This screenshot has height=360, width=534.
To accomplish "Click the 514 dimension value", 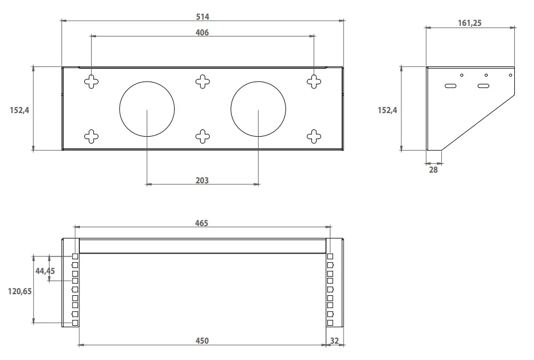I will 202,17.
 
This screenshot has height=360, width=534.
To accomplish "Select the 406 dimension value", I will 202,33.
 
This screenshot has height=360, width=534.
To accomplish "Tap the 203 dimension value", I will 202,180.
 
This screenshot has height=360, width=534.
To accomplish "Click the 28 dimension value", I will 433,169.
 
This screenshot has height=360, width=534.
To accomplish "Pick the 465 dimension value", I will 202,223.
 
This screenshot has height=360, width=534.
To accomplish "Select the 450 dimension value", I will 202,341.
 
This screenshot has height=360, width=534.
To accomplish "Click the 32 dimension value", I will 334,341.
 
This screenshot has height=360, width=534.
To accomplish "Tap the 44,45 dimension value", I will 45,271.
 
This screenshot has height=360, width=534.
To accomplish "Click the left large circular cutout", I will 147,110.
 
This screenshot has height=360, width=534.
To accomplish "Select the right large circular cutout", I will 258,110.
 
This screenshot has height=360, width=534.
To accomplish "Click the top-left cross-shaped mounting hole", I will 91,82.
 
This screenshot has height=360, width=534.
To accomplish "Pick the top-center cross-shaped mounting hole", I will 202,82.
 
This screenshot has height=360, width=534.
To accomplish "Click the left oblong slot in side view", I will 450,86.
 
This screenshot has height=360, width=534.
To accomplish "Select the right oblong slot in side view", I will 483,86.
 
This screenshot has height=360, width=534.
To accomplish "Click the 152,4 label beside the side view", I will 387,110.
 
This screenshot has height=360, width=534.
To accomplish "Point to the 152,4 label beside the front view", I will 19,110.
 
